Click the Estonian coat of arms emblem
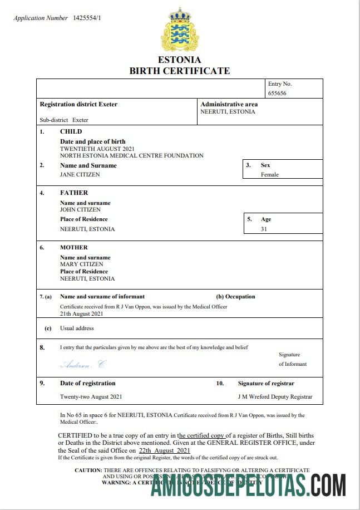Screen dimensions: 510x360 click(179, 30)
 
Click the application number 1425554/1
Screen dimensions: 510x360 click(87, 18)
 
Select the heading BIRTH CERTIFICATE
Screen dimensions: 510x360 click(179, 71)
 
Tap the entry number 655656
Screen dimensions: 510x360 click(277, 94)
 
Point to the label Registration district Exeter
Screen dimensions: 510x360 click(78, 104)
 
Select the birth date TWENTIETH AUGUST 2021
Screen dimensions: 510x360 click(97, 149)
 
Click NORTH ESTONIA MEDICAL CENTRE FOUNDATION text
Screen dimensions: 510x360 click(131, 156)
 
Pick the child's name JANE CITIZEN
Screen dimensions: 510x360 click(80, 175)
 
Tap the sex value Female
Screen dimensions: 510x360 click(270, 175)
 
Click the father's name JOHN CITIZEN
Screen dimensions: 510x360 click(80, 210)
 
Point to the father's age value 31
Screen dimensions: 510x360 click(264, 229)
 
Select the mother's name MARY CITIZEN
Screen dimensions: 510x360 click(81, 264)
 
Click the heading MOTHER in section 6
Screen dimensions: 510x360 click(74, 247)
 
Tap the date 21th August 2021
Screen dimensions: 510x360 click(81, 314)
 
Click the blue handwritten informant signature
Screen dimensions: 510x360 click(82, 365)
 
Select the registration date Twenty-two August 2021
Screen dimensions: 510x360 click(91, 397)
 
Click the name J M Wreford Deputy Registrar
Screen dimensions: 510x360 click(275, 397)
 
